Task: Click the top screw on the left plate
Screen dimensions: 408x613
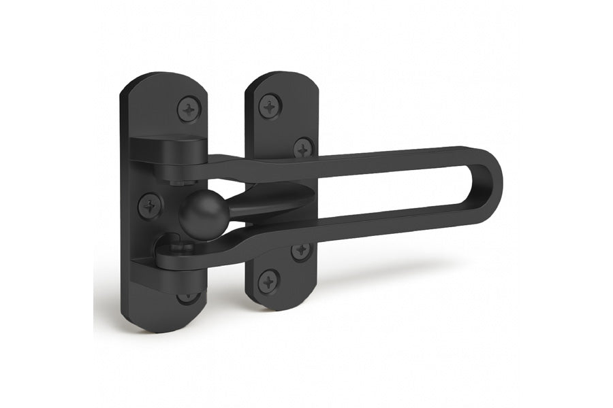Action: (x=189, y=109)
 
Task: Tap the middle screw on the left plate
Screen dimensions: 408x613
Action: (x=150, y=205)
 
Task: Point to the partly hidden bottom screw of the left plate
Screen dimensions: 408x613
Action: (x=189, y=297)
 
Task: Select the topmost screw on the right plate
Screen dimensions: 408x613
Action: (x=270, y=106)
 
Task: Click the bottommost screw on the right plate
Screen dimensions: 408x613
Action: (x=268, y=280)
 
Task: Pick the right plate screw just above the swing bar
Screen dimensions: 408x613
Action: (x=303, y=148)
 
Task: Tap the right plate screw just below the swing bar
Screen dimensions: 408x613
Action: (x=302, y=251)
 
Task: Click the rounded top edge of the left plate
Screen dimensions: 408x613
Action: (x=163, y=80)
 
